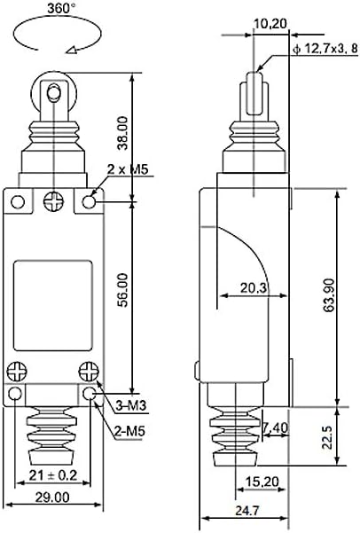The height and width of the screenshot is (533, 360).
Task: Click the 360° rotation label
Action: pos(61,8)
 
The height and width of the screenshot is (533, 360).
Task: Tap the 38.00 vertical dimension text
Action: pos(122,133)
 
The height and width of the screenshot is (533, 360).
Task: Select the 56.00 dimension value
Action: pos(122,290)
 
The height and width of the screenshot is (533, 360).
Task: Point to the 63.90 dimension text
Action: pos(329,295)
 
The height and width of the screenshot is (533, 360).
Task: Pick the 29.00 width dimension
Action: pos(52,498)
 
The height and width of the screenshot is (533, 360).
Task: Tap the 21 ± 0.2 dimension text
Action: pos(53,474)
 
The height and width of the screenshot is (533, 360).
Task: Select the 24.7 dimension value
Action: pos(247,511)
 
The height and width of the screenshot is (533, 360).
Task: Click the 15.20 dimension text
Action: pos(262,482)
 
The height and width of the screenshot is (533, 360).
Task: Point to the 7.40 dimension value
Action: pos(276,427)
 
